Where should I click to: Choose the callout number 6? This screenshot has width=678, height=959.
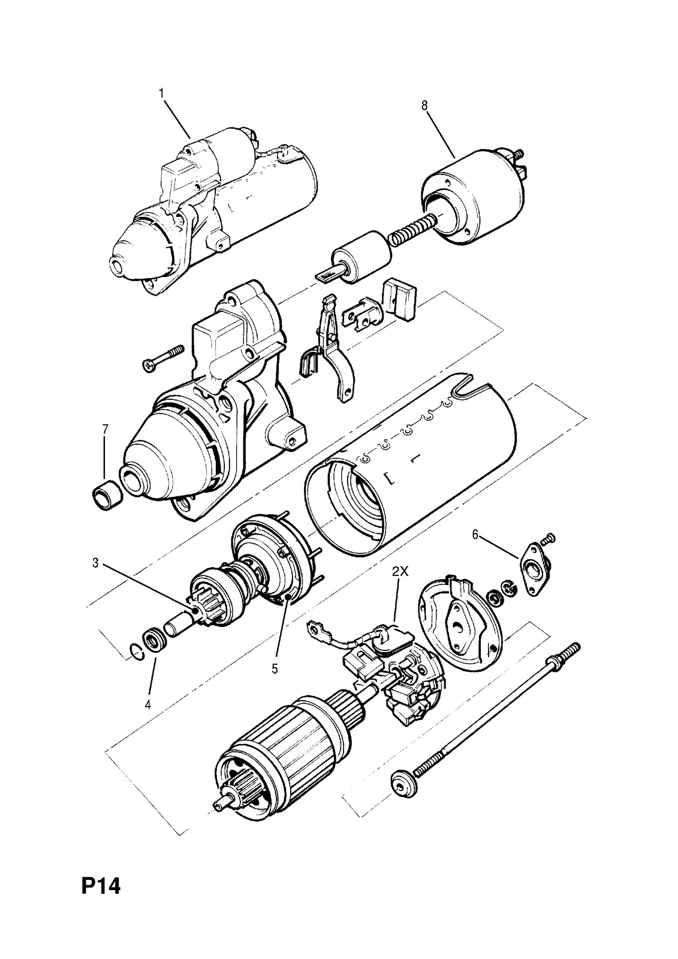[475, 535]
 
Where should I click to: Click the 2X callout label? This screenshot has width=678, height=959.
[400, 572]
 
